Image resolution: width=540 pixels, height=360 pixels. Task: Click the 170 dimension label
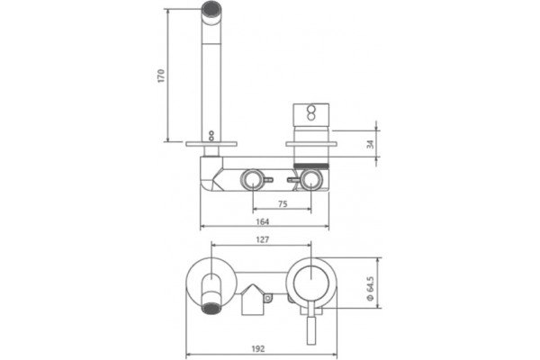point(161,76)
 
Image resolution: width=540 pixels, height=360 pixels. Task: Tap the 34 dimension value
point(371,144)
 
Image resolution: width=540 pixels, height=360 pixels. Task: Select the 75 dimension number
point(283,204)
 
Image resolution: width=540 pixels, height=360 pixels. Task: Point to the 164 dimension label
point(263,221)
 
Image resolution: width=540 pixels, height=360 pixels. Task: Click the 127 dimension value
point(263,239)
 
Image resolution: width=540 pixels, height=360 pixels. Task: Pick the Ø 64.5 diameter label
point(370,288)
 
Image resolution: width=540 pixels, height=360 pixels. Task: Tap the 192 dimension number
point(258,349)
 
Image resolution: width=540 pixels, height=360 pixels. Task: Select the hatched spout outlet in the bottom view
point(211,309)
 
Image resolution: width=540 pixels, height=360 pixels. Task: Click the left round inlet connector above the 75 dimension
point(253,179)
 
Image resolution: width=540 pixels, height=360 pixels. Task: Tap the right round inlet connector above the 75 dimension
point(311,179)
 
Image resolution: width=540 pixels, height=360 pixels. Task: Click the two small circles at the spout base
point(211,135)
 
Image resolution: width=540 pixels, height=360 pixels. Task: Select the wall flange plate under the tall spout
point(211,144)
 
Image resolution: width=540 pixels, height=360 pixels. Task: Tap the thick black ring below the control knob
point(311,166)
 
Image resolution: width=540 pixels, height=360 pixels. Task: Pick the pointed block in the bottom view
point(253,300)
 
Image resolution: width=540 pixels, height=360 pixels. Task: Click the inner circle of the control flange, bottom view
point(311,283)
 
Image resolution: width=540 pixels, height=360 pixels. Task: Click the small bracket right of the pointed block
point(268,298)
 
